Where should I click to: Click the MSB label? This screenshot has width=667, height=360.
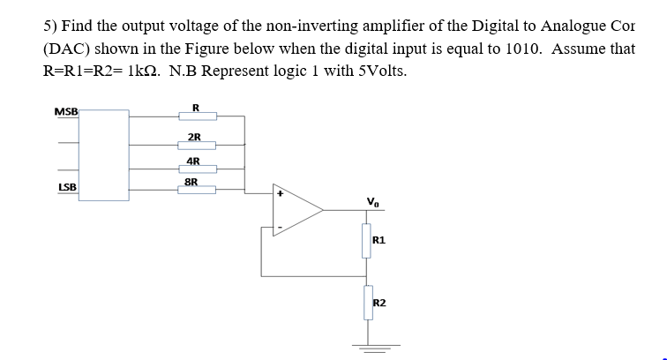coord(66,112)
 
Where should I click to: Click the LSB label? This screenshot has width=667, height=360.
coord(66,187)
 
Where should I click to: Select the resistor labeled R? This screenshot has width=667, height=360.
coord(197,116)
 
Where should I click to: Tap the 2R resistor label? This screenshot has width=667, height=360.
coord(195,137)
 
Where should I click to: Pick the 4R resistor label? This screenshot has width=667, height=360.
coord(195,161)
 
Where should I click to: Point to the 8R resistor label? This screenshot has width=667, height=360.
coord(191,181)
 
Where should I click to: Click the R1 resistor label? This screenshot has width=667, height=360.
coord(379,239)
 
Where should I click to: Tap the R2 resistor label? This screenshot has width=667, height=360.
coord(379,303)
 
